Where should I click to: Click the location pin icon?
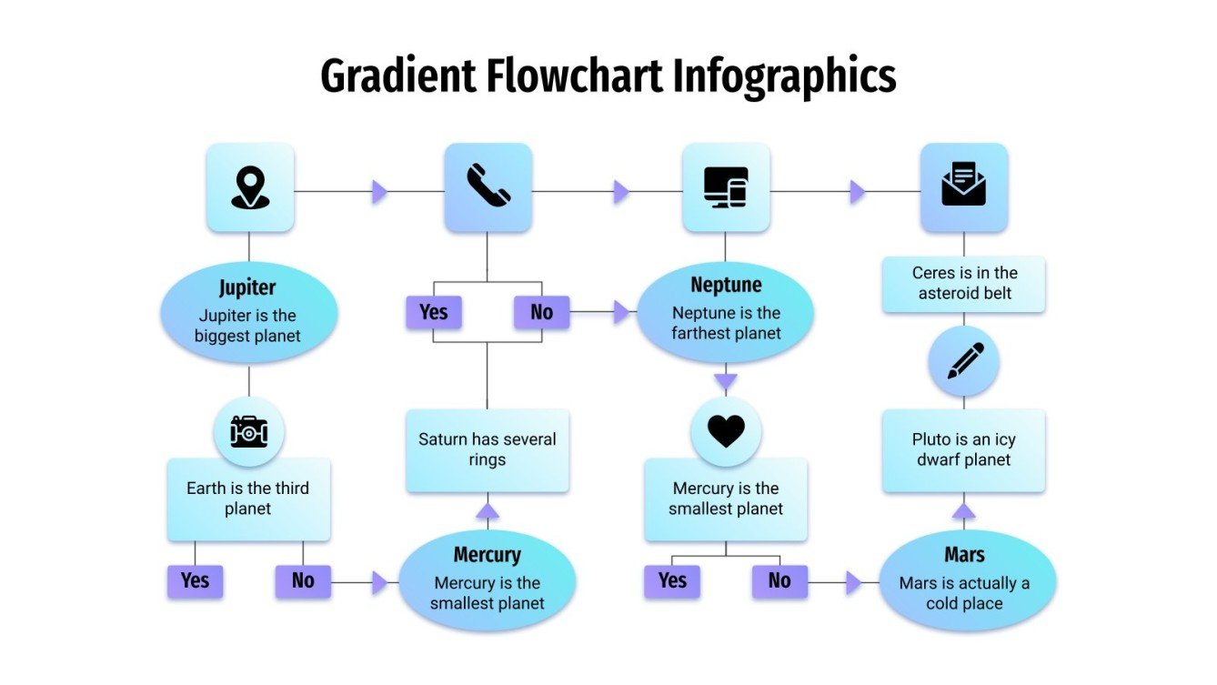coord(250,187)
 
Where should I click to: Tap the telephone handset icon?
coord(488,186)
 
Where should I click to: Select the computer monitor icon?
coord(726,187)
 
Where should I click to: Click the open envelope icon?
coord(964,186)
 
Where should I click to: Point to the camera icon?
coord(249,432)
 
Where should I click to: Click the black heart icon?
coord(726,431)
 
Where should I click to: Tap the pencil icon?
coord(964,361)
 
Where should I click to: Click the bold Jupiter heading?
coord(247,288)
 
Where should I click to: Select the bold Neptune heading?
coord(726,286)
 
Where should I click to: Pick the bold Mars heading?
coord(964,555)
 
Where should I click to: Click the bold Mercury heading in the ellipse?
coord(488,555)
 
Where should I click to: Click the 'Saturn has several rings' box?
coord(488,450)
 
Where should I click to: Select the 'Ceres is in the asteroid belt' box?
coord(964,284)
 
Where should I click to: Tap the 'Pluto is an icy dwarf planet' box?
coord(964,450)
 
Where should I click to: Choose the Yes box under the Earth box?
coord(195,580)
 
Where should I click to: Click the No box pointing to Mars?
coord(779,580)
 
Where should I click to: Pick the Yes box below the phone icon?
coord(434,313)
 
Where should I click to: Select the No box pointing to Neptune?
coord(541,313)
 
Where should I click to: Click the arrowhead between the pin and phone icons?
coord(379,192)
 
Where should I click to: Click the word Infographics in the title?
coord(784,76)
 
